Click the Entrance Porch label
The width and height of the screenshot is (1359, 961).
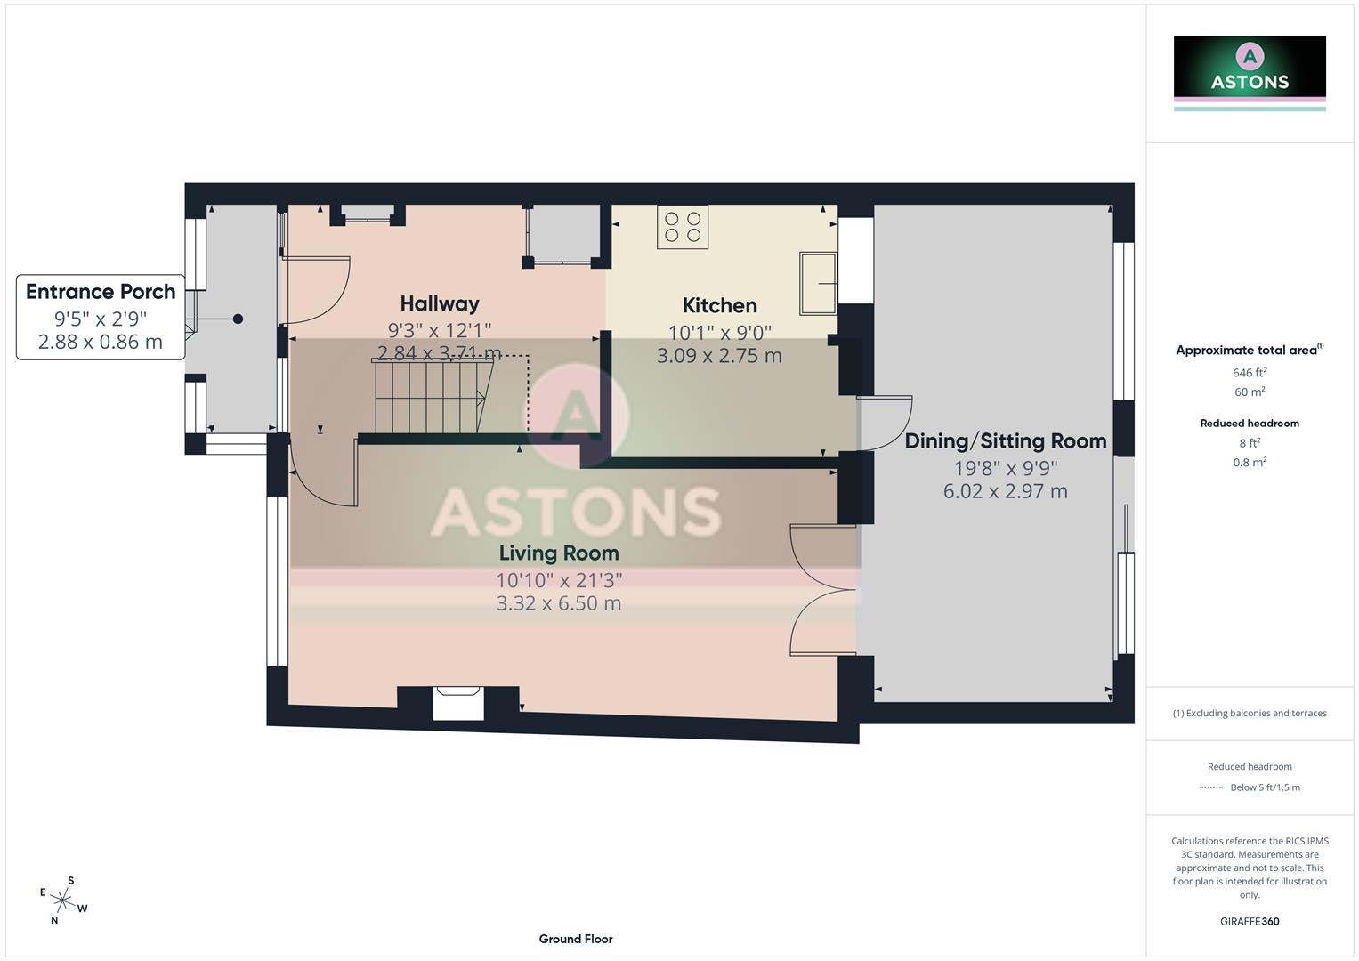tap(101, 292)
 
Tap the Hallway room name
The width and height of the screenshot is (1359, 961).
tap(440, 303)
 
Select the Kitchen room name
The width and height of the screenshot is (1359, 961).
tap(719, 305)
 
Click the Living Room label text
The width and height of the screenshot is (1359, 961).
tap(558, 553)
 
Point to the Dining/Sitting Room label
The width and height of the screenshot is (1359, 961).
tap(1005, 441)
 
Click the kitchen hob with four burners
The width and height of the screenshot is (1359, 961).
tap(683, 226)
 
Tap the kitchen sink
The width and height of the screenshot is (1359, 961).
tap(818, 283)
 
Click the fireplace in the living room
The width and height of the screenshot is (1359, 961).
tap(458, 703)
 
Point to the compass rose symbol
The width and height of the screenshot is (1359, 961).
tap(63, 900)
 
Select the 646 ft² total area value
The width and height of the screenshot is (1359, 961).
tap(1250, 373)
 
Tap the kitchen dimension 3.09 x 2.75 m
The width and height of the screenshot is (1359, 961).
tap(719, 356)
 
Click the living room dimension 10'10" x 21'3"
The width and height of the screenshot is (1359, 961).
tap(558, 580)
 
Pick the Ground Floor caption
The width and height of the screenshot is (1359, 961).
tap(576, 939)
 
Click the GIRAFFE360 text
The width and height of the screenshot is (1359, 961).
tap(1250, 921)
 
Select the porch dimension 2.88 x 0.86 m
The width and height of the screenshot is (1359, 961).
tap(101, 342)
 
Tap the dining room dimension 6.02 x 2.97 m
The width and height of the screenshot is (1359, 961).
tap(1005, 491)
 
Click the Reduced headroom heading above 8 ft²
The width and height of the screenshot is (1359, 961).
tap(1250, 424)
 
